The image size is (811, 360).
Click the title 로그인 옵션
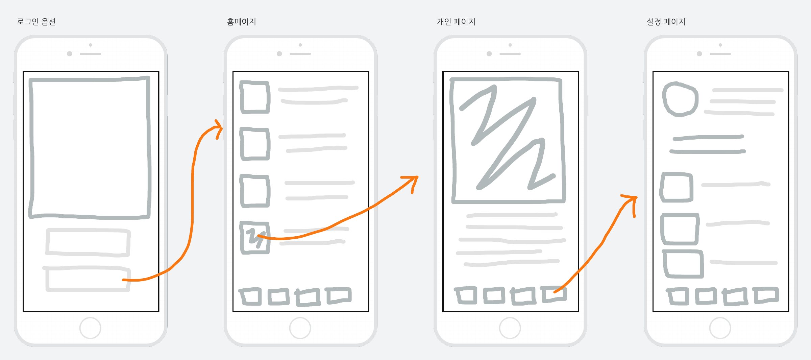36,22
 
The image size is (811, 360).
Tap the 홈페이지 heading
241,22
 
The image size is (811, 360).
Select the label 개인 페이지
456,22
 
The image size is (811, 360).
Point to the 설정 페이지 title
666,22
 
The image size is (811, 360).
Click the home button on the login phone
90,328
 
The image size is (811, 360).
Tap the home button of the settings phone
720,328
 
